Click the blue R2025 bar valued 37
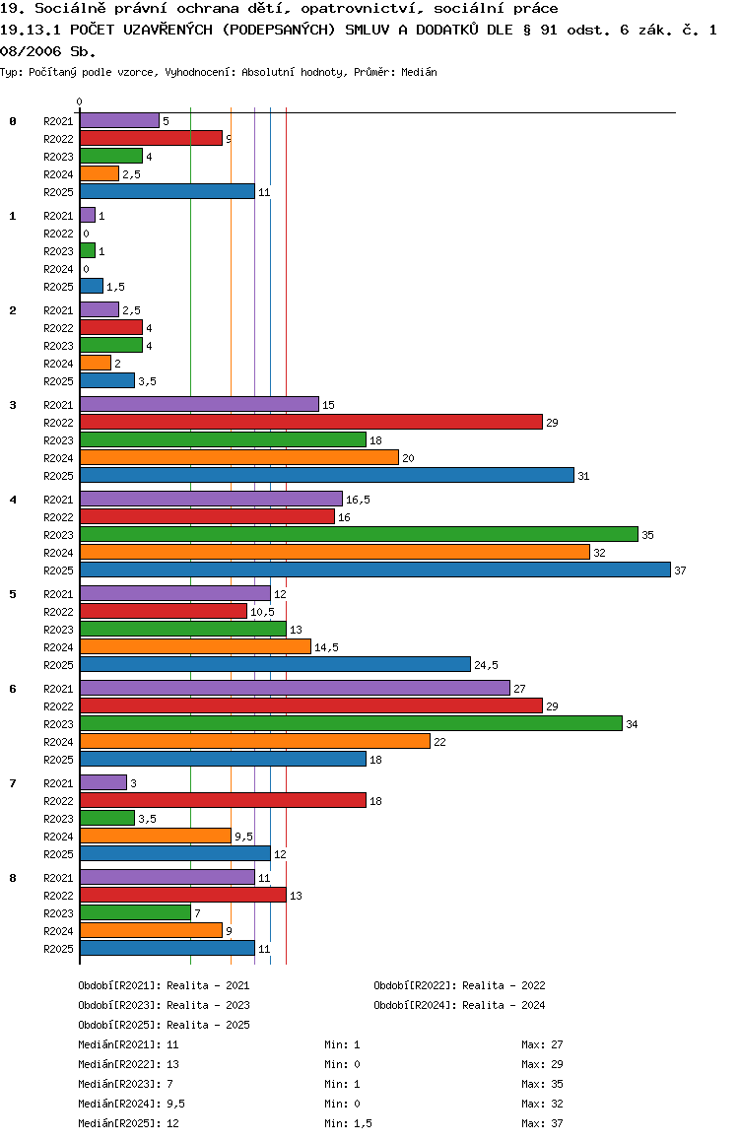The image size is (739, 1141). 374,570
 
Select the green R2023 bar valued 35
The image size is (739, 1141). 359,534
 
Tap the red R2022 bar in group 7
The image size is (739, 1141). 223,800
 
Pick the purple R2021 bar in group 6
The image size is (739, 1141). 295,688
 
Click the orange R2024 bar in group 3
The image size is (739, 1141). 238,457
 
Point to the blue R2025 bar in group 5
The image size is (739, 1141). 275,664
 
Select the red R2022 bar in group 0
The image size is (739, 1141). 151,138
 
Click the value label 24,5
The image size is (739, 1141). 487,665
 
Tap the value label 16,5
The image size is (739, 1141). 359,500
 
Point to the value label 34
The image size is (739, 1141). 632,724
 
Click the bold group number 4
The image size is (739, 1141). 13,500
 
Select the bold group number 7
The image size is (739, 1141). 13,783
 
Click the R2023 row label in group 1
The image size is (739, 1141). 58,251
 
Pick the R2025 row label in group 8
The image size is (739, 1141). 58,949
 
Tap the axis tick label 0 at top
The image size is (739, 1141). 80,101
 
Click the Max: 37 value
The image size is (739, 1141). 542,1123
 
